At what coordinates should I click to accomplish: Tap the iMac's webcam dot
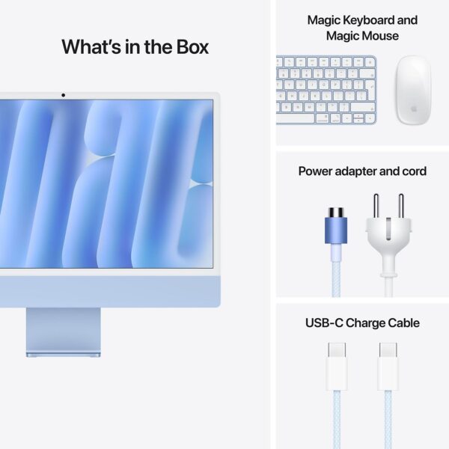pos(63,95)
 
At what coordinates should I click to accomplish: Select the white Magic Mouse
pos(413,90)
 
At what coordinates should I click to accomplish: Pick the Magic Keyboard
pos(327,91)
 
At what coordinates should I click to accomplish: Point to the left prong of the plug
pos(377,205)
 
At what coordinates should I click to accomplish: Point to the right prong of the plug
pos(400,205)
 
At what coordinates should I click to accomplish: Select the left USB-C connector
pos(336,366)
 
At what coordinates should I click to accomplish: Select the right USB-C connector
pos(387,366)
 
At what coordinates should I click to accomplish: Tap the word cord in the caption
pos(413,171)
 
